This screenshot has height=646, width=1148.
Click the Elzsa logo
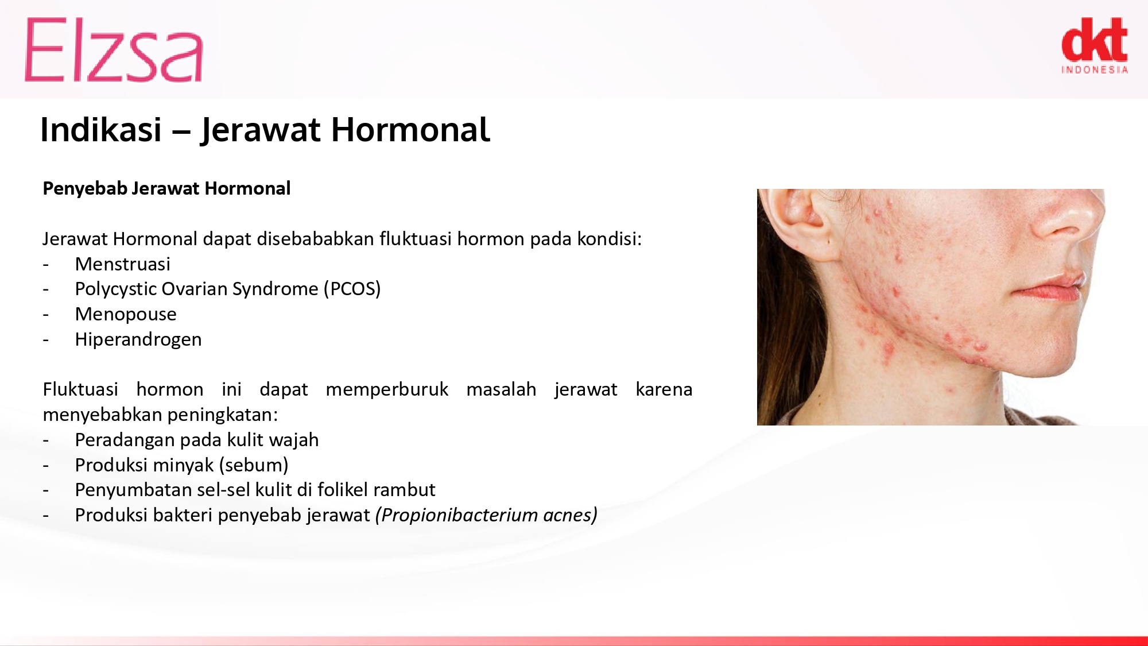pyautogui.click(x=114, y=49)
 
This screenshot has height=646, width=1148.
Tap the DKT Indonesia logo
pyautogui.click(x=1095, y=45)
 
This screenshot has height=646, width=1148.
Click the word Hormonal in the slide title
pyautogui.click(x=410, y=129)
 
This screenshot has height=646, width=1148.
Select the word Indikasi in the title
pyautogui.click(x=101, y=129)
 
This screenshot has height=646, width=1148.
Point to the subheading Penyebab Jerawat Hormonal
pyautogui.click(x=166, y=188)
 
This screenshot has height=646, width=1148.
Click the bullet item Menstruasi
pyautogui.click(x=123, y=264)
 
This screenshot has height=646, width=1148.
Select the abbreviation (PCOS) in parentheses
pyautogui.click(x=352, y=289)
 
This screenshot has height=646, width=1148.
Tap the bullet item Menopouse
pyautogui.click(x=126, y=314)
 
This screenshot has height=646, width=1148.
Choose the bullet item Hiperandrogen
pyautogui.click(x=138, y=339)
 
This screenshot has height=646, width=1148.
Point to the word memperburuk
pyautogui.click(x=387, y=389)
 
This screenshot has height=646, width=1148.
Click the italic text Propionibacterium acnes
pyautogui.click(x=486, y=515)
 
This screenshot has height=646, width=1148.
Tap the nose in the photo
pyautogui.click(x=1068, y=215)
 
